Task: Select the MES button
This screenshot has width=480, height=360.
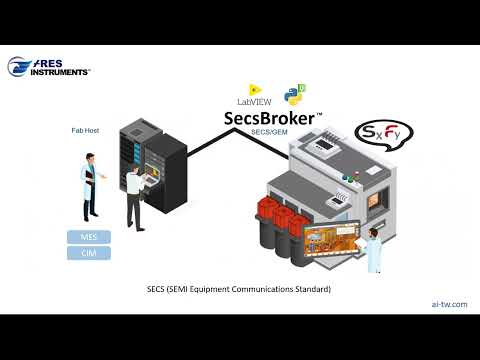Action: (89, 237)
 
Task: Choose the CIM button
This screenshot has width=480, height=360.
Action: (89, 253)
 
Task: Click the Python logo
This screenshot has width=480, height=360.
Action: (294, 95)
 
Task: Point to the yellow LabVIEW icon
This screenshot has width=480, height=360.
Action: (254, 90)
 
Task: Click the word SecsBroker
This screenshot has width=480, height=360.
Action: (268, 119)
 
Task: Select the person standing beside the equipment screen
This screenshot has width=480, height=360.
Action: (373, 250)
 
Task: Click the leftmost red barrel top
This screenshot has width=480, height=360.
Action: (268, 209)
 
